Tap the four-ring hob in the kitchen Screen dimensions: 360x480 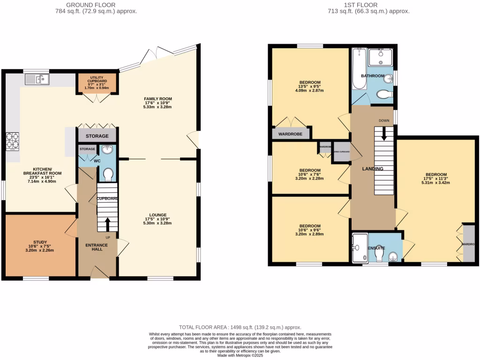13,141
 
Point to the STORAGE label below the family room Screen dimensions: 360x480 97,136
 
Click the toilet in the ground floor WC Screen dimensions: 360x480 109,174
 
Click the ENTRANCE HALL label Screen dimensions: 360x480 97,247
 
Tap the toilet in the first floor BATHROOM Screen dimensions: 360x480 384,95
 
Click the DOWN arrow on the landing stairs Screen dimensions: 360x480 384,135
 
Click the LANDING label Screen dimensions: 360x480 373,169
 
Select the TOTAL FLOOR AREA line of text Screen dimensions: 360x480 240,327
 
